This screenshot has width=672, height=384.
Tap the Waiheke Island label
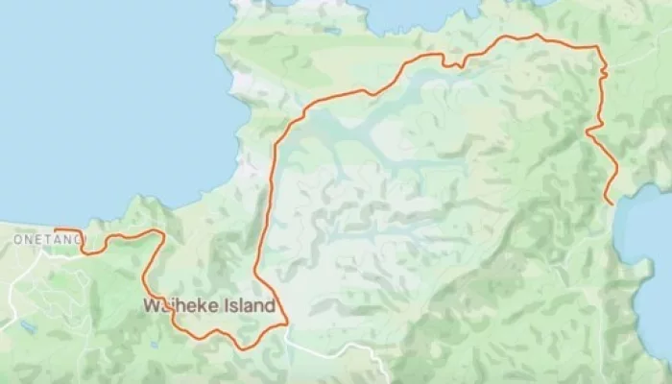pyautogui.click(x=209, y=306)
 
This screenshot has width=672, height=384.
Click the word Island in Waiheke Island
pyautogui.click(x=250, y=306)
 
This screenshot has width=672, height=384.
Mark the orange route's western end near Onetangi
pyautogui.click(x=55, y=230)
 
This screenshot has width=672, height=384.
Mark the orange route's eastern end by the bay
pyautogui.click(x=607, y=204)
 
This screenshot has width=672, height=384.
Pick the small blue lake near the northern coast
pyautogui.click(x=330, y=30)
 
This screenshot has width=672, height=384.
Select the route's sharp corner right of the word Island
pyautogui.click(x=286, y=324)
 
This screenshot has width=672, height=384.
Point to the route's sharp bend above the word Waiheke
pyautogui.click(x=162, y=233)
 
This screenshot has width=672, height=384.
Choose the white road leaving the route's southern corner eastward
pyautogui.click(x=326, y=349)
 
